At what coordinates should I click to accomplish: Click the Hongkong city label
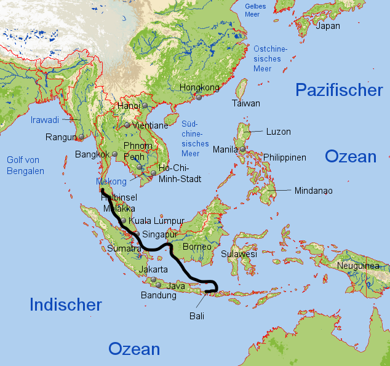pos(199,87)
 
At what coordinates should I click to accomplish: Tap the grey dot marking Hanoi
pos(145,106)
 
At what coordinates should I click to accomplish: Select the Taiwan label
pos(245,103)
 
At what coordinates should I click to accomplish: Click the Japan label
pos(327,26)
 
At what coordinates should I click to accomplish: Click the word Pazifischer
pos(339,90)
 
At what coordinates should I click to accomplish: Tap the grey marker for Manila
pos(244,149)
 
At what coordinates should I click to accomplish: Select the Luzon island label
pos(278,132)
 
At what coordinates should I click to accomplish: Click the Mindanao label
pos(313,191)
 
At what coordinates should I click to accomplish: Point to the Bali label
pos(196,316)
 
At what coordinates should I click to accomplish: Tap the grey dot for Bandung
pos(159,285)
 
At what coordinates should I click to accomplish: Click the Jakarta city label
pos(153,269)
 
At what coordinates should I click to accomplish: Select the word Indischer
pos(66,304)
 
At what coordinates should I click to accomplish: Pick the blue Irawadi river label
pos(45,120)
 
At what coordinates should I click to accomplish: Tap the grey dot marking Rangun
pos(81,137)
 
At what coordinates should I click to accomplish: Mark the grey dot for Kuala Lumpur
pos(124,221)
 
